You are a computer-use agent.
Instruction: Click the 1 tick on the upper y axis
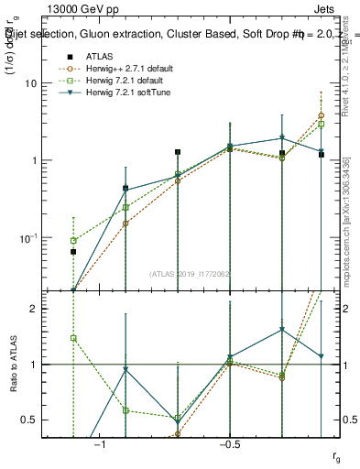49,160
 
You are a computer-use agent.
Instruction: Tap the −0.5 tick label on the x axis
229,444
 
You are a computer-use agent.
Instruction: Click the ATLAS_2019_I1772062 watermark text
189,273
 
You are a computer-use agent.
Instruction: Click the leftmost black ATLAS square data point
73,251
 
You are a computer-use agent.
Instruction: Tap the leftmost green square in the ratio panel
73,338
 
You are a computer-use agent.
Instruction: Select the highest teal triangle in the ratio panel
282,329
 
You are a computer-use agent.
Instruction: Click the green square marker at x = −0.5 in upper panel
230,147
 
